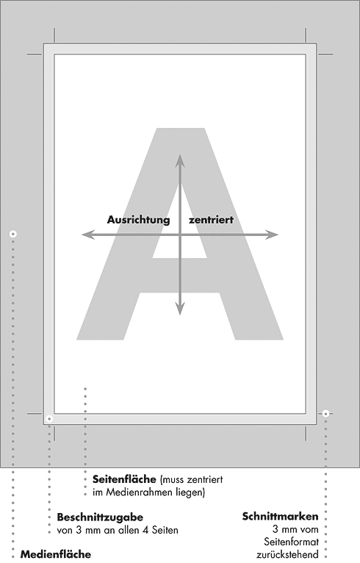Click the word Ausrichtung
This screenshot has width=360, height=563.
(x=138, y=220)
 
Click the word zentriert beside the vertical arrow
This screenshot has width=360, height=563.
(x=211, y=220)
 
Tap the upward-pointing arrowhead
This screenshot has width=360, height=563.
(x=180, y=160)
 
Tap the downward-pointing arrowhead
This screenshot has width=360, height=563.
(x=180, y=309)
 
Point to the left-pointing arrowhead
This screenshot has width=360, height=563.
(x=88, y=234)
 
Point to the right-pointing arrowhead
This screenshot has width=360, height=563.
(x=272, y=234)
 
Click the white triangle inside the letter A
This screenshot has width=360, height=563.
(x=180, y=230)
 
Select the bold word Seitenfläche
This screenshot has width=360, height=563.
(x=125, y=479)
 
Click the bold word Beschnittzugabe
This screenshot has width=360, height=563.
(x=100, y=517)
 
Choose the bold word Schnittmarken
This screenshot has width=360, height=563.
(x=281, y=517)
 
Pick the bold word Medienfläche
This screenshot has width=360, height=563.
(x=56, y=554)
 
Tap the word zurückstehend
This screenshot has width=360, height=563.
(x=287, y=555)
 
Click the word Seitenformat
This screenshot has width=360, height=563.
(x=291, y=542)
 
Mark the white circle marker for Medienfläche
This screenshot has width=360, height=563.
(x=13, y=234)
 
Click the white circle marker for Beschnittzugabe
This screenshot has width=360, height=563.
(x=49, y=419)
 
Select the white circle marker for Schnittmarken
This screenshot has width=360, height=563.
(x=325, y=414)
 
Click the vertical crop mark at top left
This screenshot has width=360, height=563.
(x=54, y=35)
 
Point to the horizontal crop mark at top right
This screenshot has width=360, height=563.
(x=325, y=54)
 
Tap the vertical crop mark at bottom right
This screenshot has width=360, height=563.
(x=306, y=434)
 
